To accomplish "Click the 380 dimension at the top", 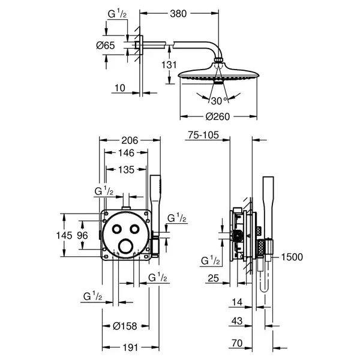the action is [x=178, y=14].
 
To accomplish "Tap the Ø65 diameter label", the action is [x=106, y=45].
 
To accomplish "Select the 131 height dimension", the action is [x=169, y=65].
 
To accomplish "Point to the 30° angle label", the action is [x=219, y=101].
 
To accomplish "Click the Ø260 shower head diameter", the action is [x=218, y=116].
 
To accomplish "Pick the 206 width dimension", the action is [x=130, y=140].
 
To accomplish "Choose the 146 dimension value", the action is [x=126, y=153].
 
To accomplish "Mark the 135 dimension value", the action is [x=126, y=170].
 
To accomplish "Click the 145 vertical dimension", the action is [x=64, y=235].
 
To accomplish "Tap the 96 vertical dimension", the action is [x=82, y=235].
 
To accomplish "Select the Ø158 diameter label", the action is [x=125, y=326].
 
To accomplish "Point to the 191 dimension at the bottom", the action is [x=130, y=347].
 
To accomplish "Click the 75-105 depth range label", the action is [x=203, y=135].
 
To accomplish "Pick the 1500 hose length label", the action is [x=292, y=257].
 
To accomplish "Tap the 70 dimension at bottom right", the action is [x=237, y=343].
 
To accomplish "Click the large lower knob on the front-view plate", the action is [x=126, y=246].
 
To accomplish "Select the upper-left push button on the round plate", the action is [x=117, y=229].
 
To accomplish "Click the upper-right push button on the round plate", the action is [x=134, y=229].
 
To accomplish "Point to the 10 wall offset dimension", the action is [x=120, y=88].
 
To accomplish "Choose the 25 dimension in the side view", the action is [x=213, y=278].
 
